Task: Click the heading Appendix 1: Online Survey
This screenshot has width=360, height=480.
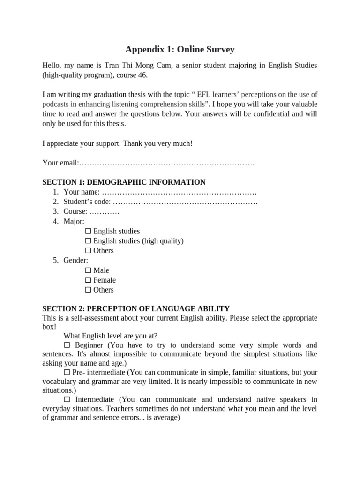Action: pyautogui.click(x=180, y=49)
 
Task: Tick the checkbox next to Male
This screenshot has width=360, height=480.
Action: pyautogui.click(x=88, y=270)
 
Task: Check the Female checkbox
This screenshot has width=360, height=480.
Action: pyautogui.click(x=88, y=280)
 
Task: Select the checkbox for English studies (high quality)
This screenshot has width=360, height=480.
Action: pyautogui.click(x=88, y=241)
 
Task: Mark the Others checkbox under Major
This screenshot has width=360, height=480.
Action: pyautogui.click(x=88, y=251)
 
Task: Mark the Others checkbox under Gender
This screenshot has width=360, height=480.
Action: pyautogui.click(x=88, y=290)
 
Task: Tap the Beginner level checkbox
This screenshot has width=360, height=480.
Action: pyautogui.click(x=66, y=345)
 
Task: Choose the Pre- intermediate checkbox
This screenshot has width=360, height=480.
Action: pyautogui.click(x=66, y=372)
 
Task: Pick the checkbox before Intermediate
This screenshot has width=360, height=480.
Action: pyautogui.click(x=66, y=399)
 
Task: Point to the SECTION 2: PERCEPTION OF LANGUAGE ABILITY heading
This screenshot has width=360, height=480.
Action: pyautogui.click(x=136, y=308)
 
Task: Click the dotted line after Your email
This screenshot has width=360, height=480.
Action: pyautogui.click(x=166, y=163)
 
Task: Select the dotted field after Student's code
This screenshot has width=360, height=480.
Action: pyautogui.click(x=186, y=202)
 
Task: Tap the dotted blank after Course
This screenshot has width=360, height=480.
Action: pyautogui.click(x=105, y=211)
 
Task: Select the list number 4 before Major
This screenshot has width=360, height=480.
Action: pyautogui.click(x=55, y=221)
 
